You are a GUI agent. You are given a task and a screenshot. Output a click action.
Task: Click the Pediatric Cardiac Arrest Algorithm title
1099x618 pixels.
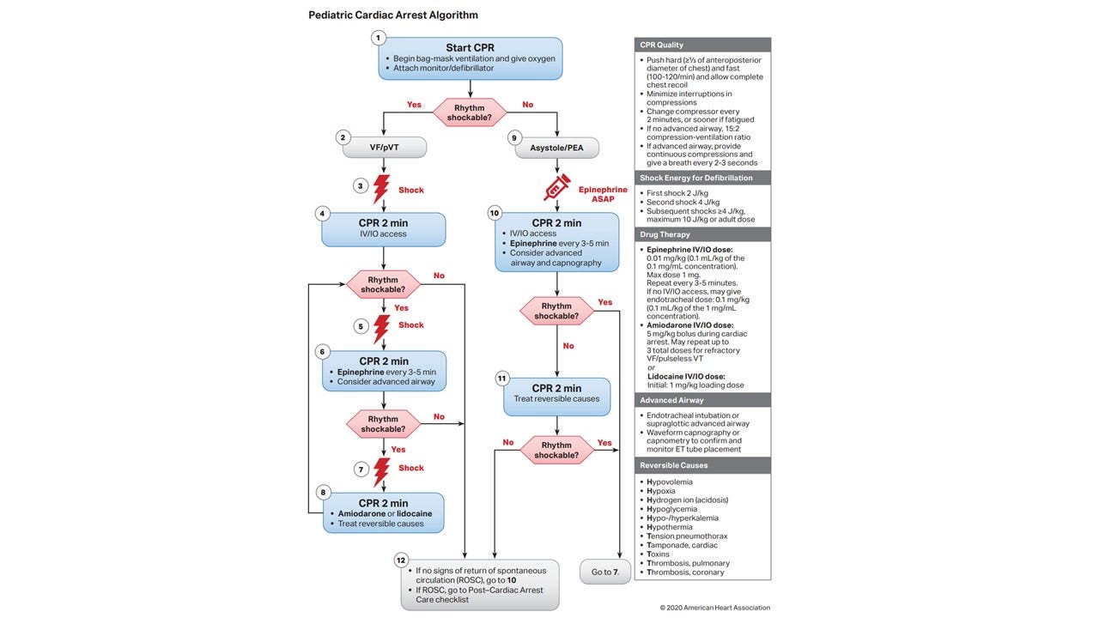(x=393, y=15)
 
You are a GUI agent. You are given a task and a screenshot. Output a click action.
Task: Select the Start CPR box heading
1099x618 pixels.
(x=470, y=47)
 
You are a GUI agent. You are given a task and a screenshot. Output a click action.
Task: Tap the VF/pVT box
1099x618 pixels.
(x=383, y=148)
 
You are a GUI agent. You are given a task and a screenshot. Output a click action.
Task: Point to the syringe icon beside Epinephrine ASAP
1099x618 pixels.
(x=557, y=186)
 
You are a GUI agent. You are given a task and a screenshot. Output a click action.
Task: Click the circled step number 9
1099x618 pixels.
(x=514, y=137)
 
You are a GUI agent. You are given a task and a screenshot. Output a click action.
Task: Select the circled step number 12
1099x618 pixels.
(x=401, y=560)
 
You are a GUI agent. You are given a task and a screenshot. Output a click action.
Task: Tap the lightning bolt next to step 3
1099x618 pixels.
(x=381, y=189)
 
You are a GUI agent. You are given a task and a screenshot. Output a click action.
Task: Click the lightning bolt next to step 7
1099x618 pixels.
(x=381, y=471)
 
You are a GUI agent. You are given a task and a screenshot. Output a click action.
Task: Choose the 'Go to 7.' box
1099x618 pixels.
(x=605, y=572)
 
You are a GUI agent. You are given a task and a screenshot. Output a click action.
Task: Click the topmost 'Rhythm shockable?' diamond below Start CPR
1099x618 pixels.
(x=470, y=112)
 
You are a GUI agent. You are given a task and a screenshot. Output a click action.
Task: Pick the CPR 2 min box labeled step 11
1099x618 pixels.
(x=556, y=394)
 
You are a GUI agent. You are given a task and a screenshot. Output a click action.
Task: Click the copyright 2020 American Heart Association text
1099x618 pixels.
(x=714, y=608)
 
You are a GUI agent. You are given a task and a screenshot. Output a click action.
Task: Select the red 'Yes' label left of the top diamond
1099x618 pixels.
(x=414, y=105)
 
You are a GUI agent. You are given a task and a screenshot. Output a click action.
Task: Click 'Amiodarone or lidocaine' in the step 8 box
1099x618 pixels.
(x=384, y=513)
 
